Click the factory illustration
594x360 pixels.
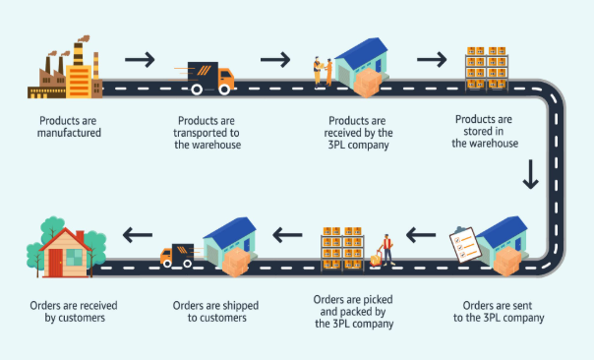65,68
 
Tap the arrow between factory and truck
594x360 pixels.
140,59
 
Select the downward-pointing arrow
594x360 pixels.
530,174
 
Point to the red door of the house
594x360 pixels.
56,263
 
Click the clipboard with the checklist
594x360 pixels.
465,244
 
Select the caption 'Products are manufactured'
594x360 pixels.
69,127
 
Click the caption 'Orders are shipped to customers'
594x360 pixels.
216,311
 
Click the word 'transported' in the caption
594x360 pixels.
196,133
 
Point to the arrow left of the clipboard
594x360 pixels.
421,235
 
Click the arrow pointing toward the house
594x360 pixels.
138,235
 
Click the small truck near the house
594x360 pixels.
177,256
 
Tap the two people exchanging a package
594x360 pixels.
323,72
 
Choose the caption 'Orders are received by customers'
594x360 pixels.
74,311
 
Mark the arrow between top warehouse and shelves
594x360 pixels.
432,59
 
